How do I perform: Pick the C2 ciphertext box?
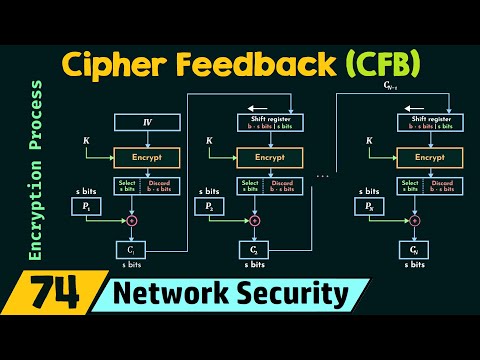(254, 249)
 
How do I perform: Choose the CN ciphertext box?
(413, 249)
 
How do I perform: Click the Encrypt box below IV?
(147, 158)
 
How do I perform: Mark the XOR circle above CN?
(413, 220)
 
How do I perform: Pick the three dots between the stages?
(322, 176)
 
